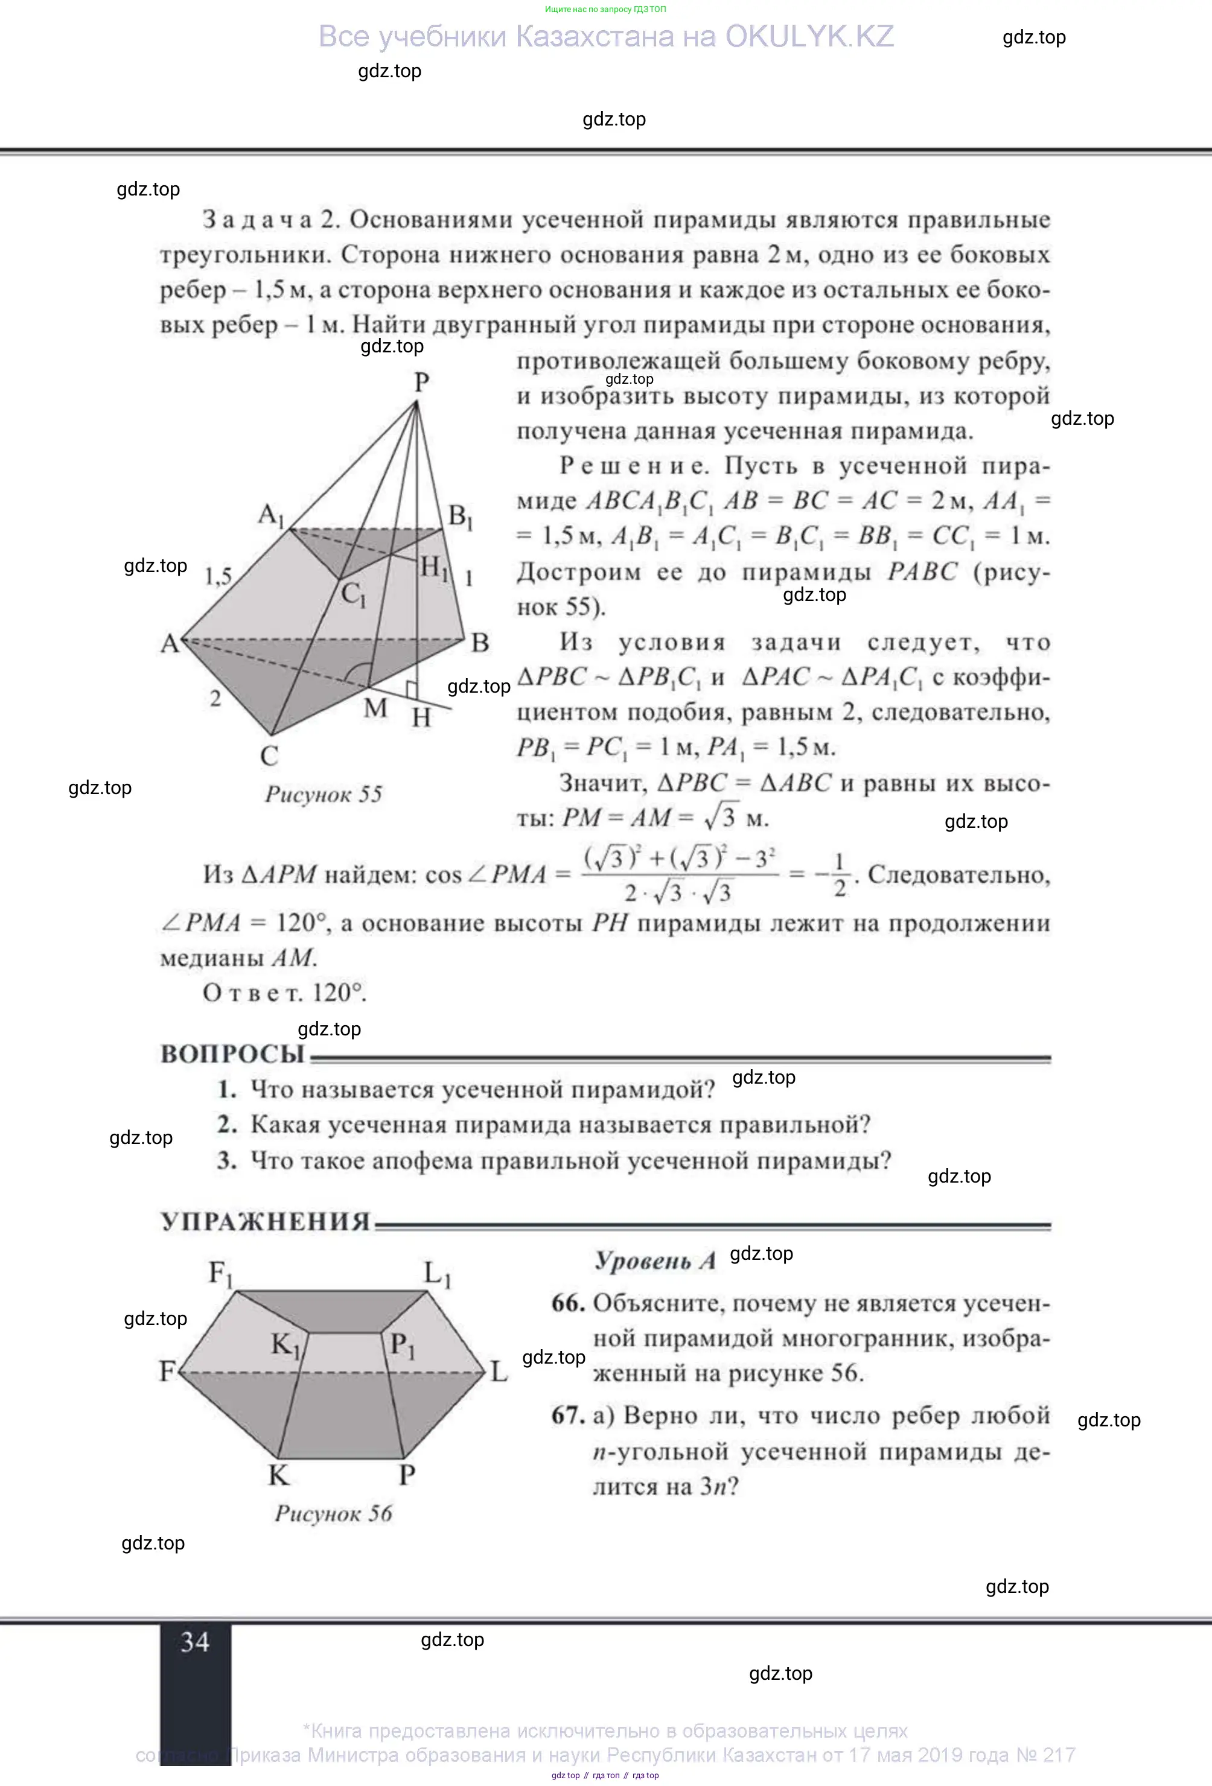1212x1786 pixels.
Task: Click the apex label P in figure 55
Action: tap(421, 381)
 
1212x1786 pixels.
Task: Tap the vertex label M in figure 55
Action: tap(375, 708)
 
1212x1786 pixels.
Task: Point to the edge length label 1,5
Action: tap(218, 576)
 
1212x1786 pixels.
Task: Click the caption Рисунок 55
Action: tap(324, 794)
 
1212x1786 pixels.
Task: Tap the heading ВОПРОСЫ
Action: tap(233, 1053)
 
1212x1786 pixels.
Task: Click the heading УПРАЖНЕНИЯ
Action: tap(265, 1222)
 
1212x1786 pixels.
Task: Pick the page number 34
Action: tap(194, 1642)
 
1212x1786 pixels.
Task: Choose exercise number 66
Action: tap(568, 1303)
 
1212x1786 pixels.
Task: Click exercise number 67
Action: tap(568, 1415)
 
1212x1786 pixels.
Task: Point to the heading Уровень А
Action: tap(655, 1261)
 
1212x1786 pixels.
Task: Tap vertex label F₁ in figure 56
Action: tap(220, 1273)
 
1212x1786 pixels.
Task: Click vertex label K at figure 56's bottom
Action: tap(278, 1475)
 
